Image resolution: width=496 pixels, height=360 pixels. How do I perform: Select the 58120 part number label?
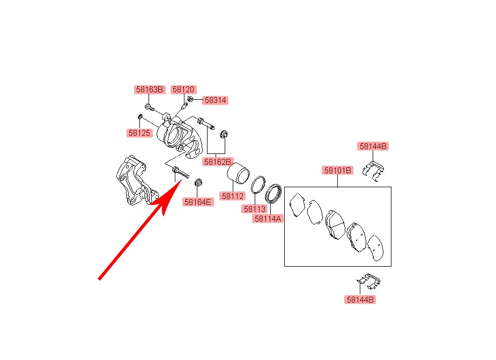[183, 90]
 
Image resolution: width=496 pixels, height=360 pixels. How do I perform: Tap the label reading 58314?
[216, 100]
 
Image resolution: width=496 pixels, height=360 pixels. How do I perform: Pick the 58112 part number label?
[233, 196]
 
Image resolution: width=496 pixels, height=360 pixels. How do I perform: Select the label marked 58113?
[255, 209]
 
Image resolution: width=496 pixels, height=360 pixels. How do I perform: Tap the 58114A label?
[268, 218]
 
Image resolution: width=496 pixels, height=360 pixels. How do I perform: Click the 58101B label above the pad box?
[337, 171]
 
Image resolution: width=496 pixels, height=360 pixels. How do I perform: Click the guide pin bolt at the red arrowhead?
[179, 173]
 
